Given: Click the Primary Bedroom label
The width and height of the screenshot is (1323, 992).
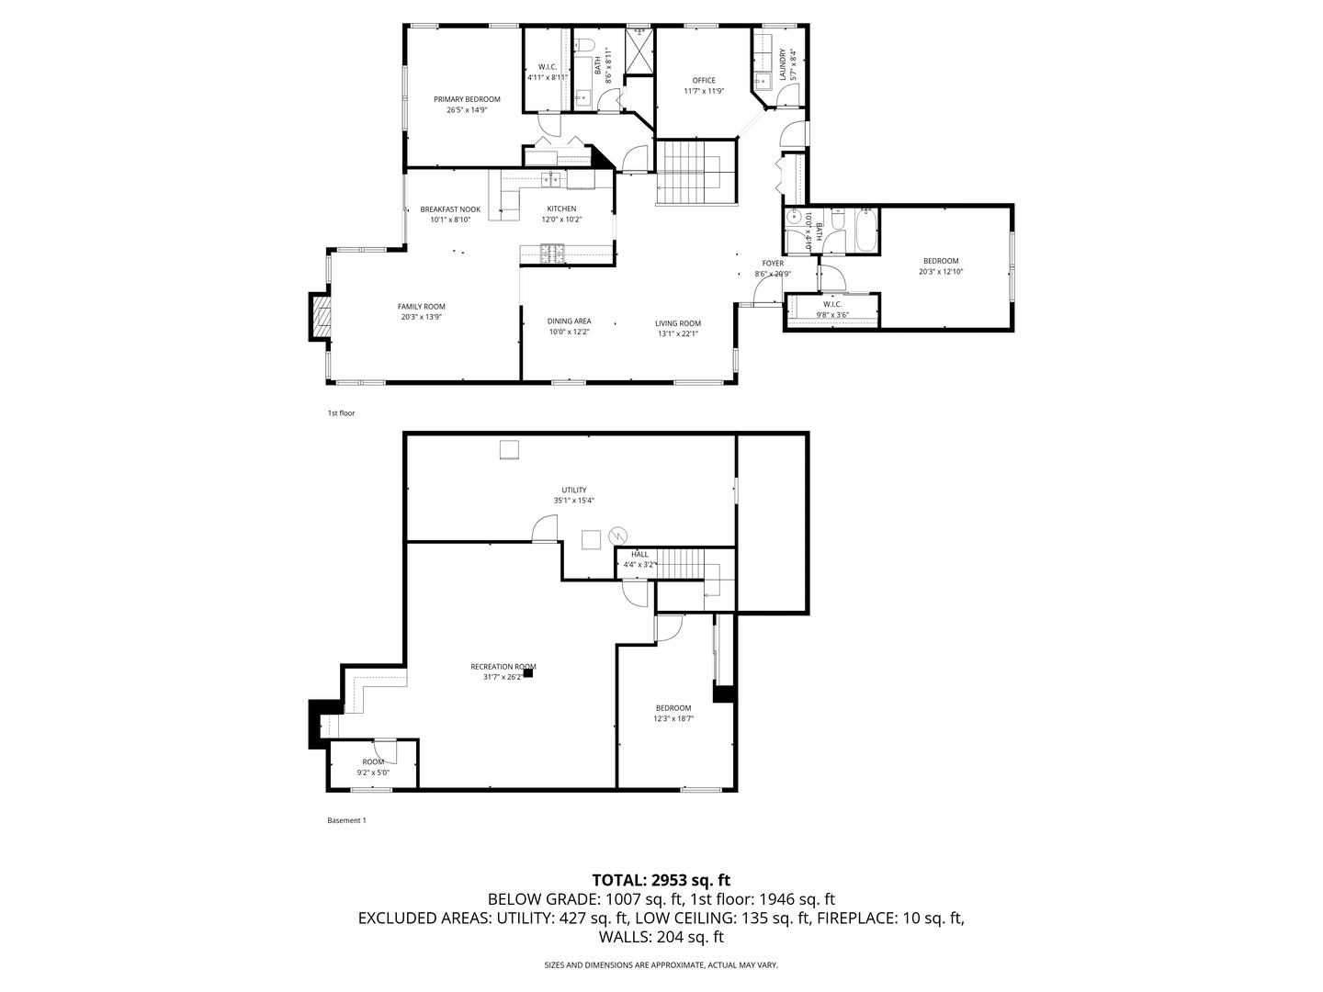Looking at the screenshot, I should click(x=467, y=99).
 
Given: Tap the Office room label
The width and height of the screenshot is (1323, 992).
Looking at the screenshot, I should click(x=704, y=81).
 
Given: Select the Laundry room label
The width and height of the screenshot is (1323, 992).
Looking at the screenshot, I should click(x=783, y=64).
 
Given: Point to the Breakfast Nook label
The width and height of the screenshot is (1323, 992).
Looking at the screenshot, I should click(x=450, y=209).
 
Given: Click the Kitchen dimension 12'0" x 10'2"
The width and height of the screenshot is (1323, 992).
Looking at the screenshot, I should click(x=561, y=220).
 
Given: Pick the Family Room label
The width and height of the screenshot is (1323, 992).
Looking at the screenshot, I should click(x=421, y=307).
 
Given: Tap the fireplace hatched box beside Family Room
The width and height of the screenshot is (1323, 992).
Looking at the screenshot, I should click(x=319, y=317).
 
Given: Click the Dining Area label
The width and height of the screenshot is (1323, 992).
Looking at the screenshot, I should click(x=569, y=321).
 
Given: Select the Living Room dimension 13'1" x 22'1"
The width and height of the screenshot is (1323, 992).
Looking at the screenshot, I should click(x=678, y=333).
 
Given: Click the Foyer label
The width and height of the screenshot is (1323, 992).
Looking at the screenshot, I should click(x=773, y=264).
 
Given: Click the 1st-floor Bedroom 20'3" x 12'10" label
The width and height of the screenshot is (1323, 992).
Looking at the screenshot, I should click(x=941, y=261).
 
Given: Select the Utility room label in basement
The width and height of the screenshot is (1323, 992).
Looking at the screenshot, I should click(x=574, y=490).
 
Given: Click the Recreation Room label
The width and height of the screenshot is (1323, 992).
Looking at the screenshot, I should click(x=503, y=667).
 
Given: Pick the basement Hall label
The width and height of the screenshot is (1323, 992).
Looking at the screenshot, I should click(x=639, y=555).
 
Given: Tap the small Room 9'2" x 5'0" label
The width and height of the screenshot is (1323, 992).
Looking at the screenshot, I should click(x=373, y=762).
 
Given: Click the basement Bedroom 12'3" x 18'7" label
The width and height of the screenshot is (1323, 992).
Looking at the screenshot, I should click(x=673, y=708).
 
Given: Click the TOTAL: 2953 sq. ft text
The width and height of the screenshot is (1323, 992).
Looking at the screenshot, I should click(x=661, y=880).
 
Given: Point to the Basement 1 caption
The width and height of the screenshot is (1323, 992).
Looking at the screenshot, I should click(x=346, y=820).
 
